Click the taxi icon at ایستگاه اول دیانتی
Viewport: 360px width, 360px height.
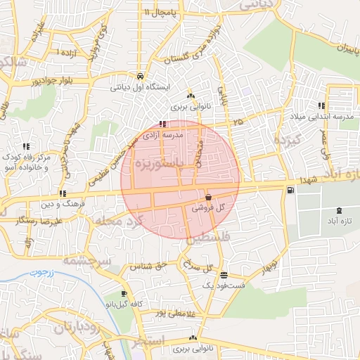(x=141, y=77)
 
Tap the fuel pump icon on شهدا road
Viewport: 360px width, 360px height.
(x=290, y=190)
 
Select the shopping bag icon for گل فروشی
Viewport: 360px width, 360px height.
(x=208, y=198)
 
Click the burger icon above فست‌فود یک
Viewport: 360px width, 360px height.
(x=224, y=275)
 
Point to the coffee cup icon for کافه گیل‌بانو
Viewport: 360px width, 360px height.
(x=124, y=293)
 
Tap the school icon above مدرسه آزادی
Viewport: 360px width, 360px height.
(x=163, y=124)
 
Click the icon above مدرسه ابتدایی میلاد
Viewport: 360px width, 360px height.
(x=322, y=105)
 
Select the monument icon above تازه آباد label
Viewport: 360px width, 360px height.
(x=341, y=210)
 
